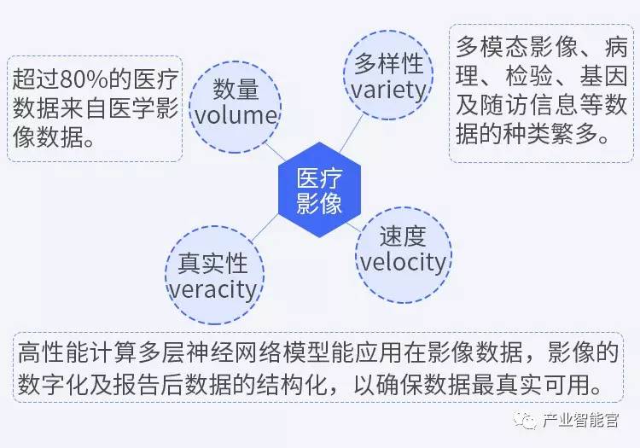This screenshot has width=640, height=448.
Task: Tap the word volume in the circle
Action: click(233, 116)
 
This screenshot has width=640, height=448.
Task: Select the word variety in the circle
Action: click(388, 89)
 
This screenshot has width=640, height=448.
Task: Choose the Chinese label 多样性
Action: click(388, 64)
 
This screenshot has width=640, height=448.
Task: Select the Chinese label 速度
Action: click(402, 235)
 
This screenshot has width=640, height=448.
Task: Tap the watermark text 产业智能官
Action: click(581, 421)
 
